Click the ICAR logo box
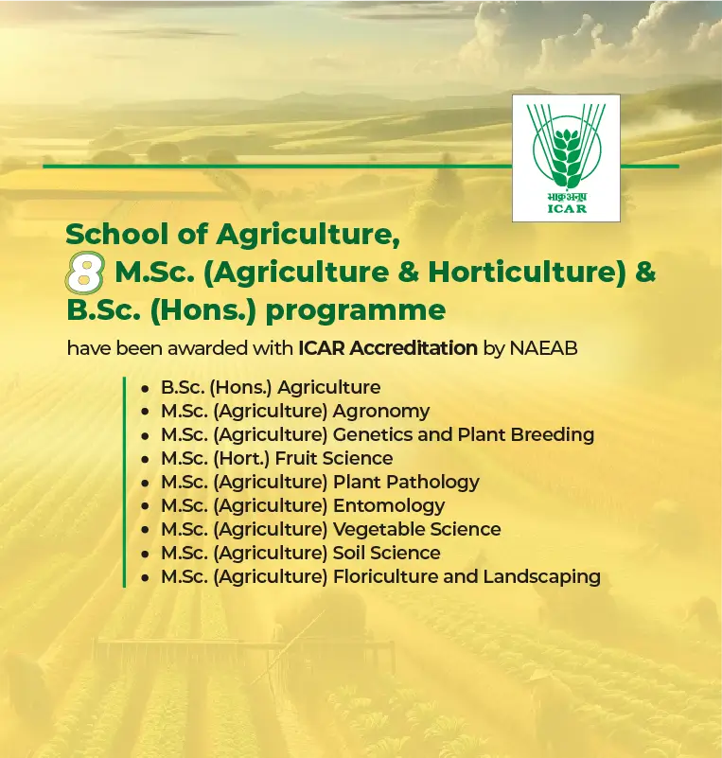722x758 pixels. click(x=566, y=158)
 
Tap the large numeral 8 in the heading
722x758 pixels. click(x=83, y=273)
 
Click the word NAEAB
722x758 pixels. click(x=543, y=348)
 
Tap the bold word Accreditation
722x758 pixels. click(x=413, y=348)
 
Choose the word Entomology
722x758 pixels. click(x=389, y=506)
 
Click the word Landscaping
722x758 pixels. click(x=541, y=577)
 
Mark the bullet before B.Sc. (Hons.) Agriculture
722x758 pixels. click(x=144, y=389)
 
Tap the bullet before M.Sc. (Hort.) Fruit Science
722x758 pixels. click(x=144, y=460)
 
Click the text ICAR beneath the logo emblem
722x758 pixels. click(x=567, y=208)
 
